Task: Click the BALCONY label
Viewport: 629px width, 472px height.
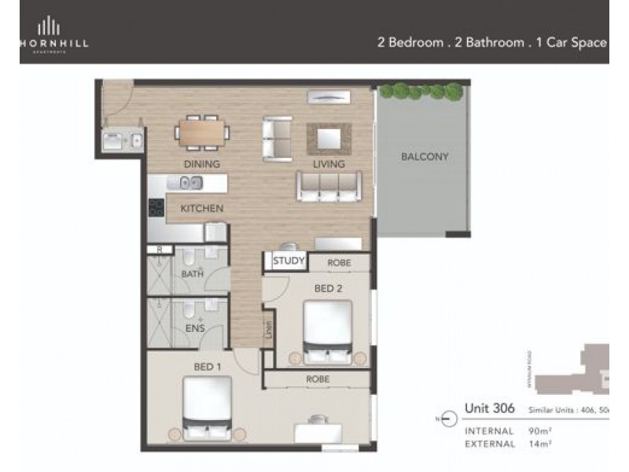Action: pyautogui.click(x=425, y=157)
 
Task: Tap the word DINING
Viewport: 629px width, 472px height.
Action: pyautogui.click(x=201, y=164)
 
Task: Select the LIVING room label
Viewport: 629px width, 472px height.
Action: pyautogui.click(x=329, y=164)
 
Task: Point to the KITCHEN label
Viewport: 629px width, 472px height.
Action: pyautogui.click(x=202, y=208)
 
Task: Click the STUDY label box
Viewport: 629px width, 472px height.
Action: pyautogui.click(x=289, y=262)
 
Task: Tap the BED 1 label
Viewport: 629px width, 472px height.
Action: pyautogui.click(x=209, y=366)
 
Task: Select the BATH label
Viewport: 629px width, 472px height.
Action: pyautogui.click(x=192, y=274)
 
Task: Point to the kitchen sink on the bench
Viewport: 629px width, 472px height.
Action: pyautogui.click(x=191, y=183)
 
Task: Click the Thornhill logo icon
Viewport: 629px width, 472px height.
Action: pyautogui.click(x=50, y=25)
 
